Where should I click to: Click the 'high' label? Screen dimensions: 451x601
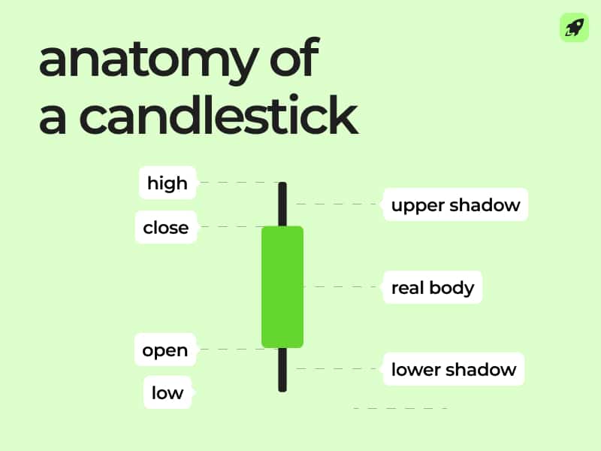[167, 183]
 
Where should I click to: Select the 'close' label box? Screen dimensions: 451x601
[166, 227]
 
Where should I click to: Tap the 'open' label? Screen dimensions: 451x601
[165, 350]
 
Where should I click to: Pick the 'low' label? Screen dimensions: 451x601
[168, 392]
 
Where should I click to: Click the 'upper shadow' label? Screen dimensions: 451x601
[455, 205]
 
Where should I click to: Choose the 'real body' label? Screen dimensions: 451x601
[433, 287]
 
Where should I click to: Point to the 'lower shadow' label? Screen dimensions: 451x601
[454, 369]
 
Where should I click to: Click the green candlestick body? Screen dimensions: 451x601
[282, 286]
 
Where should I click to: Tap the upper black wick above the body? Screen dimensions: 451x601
[282, 203]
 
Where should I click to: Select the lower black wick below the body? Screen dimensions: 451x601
[282, 369]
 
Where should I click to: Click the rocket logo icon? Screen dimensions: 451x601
[574, 28]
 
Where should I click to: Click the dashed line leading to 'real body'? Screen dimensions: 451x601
[343, 287]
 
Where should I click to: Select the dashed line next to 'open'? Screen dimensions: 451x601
[228, 350]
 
